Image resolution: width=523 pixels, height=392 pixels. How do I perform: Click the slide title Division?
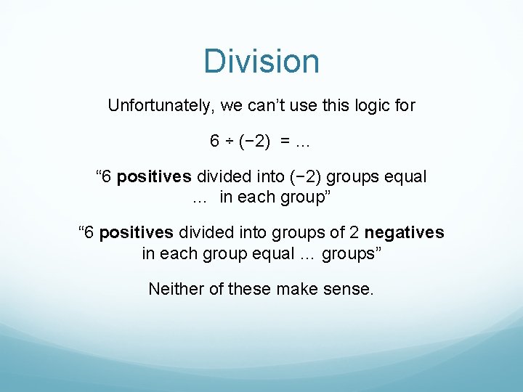[261, 61]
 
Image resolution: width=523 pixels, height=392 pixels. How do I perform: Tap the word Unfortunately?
[159, 105]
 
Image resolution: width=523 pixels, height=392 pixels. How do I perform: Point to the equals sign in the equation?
[283, 141]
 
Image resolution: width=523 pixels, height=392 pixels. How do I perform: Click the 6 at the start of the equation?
[214, 141]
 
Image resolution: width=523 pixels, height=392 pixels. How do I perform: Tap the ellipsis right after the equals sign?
[302, 141]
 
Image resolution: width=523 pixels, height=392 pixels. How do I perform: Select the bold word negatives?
[405, 232]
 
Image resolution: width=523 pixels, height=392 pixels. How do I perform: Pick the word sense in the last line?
[352, 289]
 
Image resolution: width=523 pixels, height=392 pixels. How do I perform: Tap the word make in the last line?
[302, 289]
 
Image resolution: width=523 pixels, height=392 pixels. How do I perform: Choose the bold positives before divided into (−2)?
[155, 176]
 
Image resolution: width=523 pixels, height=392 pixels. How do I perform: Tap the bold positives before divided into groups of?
[137, 232]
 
